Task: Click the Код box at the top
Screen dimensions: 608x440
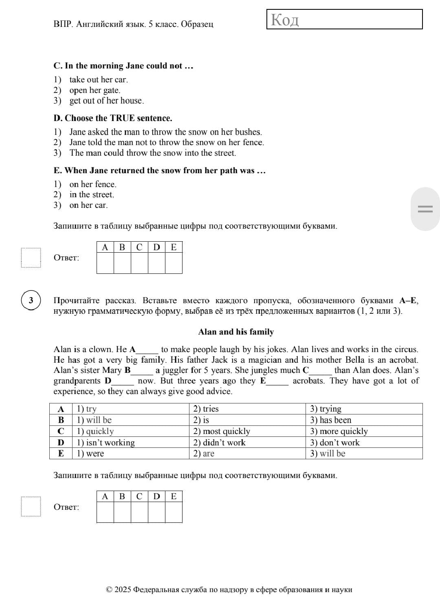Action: (x=344, y=19)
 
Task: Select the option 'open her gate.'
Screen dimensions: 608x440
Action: (x=95, y=90)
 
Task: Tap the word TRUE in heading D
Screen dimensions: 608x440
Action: (x=122, y=118)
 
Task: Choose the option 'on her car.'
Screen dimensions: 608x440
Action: (x=88, y=205)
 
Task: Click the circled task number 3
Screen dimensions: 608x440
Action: (x=31, y=301)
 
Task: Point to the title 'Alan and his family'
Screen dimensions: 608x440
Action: (x=236, y=332)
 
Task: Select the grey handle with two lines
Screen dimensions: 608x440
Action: (x=425, y=209)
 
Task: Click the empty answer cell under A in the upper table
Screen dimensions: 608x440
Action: (x=105, y=263)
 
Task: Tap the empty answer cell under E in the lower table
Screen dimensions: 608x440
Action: (x=174, y=512)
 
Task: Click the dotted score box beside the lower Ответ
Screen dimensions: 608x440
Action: (x=31, y=507)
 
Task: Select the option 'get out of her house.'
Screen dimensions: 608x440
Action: (x=106, y=101)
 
